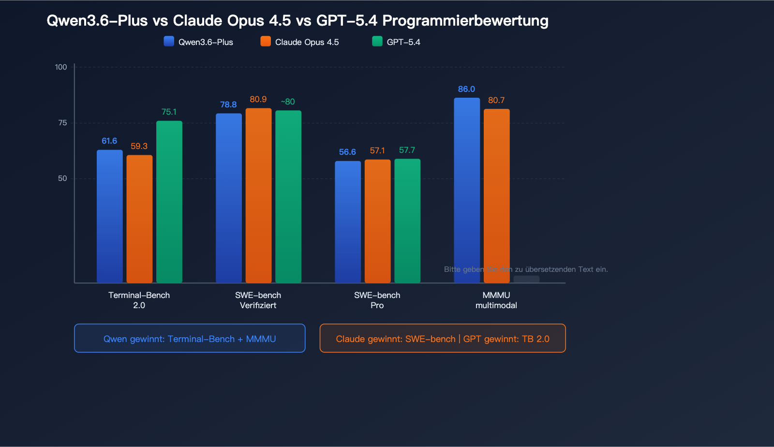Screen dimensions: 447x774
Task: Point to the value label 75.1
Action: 169,112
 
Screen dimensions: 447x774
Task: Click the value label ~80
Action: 288,102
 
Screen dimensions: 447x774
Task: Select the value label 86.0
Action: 466,89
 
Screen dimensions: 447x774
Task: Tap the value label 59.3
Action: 139,146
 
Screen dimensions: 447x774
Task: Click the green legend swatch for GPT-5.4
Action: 377,42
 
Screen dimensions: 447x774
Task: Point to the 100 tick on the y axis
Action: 61,67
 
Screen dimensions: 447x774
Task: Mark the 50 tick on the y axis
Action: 62,179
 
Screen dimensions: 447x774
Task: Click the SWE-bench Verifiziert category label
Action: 258,300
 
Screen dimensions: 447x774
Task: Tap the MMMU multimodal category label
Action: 496,300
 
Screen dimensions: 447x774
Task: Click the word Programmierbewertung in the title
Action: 465,21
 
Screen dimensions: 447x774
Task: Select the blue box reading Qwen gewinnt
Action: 190,338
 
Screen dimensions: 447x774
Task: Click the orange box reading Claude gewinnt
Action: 442,338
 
